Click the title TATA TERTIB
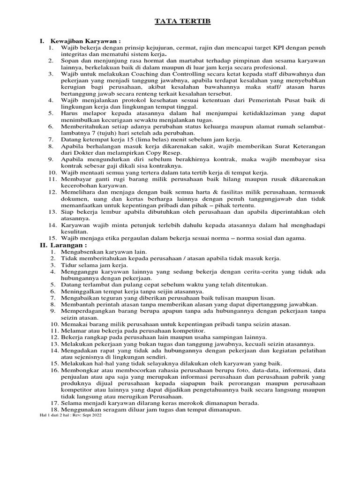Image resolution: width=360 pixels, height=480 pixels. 180,22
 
